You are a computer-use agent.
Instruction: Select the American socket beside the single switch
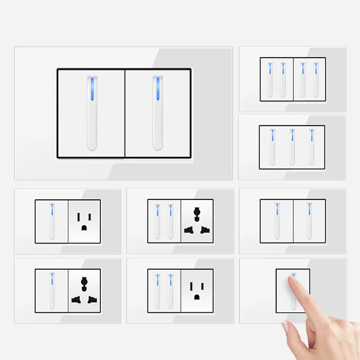84,221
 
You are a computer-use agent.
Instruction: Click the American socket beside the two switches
197,291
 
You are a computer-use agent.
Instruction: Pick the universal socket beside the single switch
85,291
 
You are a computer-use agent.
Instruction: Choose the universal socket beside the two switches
197,221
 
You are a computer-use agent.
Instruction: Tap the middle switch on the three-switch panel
292,147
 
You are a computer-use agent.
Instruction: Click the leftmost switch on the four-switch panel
270,79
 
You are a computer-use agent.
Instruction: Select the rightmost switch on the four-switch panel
315,79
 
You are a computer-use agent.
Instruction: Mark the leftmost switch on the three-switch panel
272,147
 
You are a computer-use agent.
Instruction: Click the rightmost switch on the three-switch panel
311,147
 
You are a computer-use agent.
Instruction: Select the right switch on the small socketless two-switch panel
309,221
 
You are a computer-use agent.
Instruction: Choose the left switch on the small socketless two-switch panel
277,221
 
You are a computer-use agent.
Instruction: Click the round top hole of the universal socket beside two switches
197,211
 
